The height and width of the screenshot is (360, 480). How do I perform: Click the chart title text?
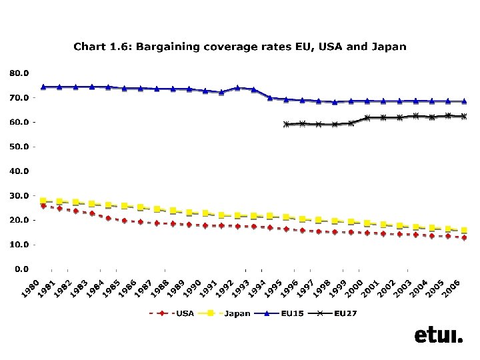click(x=239, y=47)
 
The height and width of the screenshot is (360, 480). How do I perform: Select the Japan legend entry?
click(x=237, y=313)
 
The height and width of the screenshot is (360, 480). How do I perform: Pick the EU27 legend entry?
click(x=345, y=313)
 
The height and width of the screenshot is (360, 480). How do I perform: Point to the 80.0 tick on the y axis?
click(x=19, y=72)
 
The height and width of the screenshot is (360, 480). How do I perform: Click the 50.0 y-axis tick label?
click(x=19, y=146)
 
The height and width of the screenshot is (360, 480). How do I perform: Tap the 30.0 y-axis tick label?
click(x=19, y=195)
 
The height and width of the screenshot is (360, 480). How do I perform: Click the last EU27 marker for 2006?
click(x=464, y=116)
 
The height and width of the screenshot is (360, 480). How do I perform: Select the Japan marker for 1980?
click(x=43, y=201)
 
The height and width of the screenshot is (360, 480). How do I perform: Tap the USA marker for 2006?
click(x=464, y=237)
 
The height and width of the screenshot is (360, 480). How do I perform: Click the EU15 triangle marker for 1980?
click(x=43, y=87)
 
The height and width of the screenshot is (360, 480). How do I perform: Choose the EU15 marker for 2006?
click(x=464, y=101)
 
